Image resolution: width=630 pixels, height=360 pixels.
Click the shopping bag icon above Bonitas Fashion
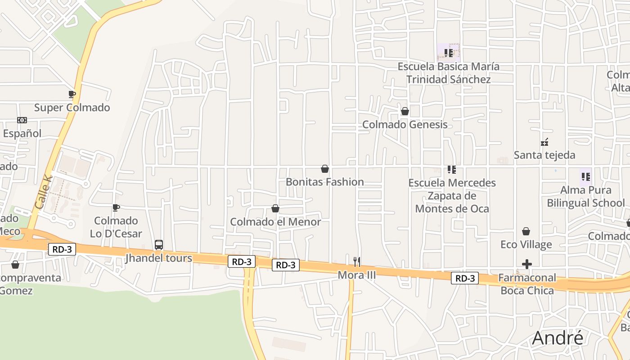tap(325, 169)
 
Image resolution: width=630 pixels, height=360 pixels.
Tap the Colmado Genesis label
tap(405, 125)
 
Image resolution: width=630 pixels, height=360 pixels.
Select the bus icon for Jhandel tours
tap(159, 245)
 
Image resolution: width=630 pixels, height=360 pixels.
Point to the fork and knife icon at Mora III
tap(357, 261)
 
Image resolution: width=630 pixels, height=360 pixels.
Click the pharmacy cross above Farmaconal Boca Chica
tap(527, 264)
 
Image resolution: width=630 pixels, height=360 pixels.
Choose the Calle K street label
tap(44, 192)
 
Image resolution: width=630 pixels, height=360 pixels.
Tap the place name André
tap(558, 338)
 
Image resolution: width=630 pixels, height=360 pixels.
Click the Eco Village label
tap(526, 245)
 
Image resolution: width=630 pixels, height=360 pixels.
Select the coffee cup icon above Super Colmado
tap(72, 94)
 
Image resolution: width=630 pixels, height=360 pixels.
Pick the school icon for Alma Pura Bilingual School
tap(585, 177)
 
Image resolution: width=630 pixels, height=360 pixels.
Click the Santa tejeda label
tap(544, 155)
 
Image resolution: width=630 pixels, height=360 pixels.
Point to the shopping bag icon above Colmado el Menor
tap(275, 209)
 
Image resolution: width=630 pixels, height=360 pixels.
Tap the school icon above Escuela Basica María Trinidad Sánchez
tap(448, 53)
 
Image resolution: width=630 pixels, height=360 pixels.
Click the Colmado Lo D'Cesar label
tap(116, 227)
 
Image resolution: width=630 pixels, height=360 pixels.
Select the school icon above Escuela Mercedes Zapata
tap(452, 170)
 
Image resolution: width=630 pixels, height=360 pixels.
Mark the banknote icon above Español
tap(22, 120)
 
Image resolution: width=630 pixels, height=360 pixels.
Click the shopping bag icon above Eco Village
tap(526, 232)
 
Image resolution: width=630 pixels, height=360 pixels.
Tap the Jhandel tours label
tap(158, 258)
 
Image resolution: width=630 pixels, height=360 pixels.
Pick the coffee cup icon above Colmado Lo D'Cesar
tap(116, 207)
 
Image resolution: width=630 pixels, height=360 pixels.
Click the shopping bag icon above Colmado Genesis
tap(405, 111)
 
